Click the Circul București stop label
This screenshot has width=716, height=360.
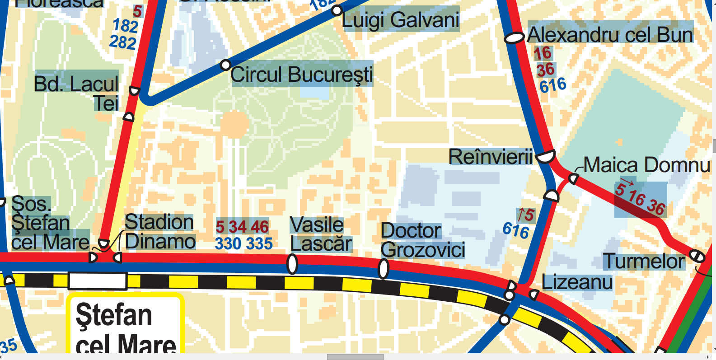pyautogui.click(x=302, y=75)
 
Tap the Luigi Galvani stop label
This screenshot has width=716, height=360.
pyautogui.click(x=400, y=20)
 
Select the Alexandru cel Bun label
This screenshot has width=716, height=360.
pyautogui.click(x=610, y=35)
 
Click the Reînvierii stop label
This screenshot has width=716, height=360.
pyautogui.click(x=491, y=157)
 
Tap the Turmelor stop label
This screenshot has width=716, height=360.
pyautogui.click(x=644, y=261)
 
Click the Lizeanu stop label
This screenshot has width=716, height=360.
pyautogui.click(x=577, y=282)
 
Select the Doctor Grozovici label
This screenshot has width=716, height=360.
pyautogui.click(x=422, y=240)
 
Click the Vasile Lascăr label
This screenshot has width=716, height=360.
pyautogui.click(x=320, y=234)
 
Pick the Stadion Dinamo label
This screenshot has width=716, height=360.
pyautogui.click(x=159, y=232)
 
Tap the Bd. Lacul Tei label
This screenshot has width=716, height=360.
pyautogui.click(x=77, y=93)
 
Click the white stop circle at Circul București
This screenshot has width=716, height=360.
pyautogui.click(x=225, y=65)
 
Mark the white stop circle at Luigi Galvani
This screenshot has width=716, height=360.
pyautogui.click(x=337, y=10)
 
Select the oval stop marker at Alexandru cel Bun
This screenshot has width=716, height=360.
pyautogui.click(x=514, y=38)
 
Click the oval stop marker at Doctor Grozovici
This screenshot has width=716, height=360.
pyautogui.click(x=384, y=269)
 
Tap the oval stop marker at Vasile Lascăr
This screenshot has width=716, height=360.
pyautogui.click(x=292, y=264)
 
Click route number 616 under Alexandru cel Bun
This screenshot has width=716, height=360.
pyautogui.click(x=552, y=85)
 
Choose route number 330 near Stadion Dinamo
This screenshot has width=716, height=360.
pyautogui.click(x=227, y=244)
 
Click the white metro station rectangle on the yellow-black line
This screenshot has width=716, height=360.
pyautogui.click(x=98, y=281)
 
